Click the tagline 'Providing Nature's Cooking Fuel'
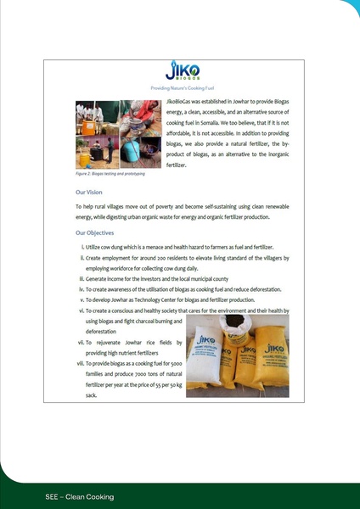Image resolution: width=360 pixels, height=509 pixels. click(179, 87)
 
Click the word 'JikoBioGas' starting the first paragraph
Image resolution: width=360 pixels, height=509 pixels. click(183, 102)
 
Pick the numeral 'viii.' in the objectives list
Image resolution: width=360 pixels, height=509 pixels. click(79, 363)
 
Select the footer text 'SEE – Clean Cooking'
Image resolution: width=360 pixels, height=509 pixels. click(80, 496)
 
